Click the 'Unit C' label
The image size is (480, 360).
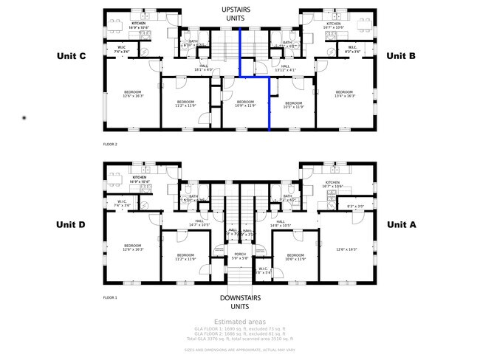72,56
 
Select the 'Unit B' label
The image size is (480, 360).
401,56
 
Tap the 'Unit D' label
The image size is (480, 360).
72,224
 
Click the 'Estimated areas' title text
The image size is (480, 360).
239,322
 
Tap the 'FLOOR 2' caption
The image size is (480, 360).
110,145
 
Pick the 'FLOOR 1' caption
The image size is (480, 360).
110,298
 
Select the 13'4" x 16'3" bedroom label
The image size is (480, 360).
346,94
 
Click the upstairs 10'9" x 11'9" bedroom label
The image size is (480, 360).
245,103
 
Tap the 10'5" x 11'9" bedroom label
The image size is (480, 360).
293,105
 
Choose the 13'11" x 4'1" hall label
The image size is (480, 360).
285,68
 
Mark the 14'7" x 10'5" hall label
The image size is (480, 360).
199,223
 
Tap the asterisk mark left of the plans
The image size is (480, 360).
24,117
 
